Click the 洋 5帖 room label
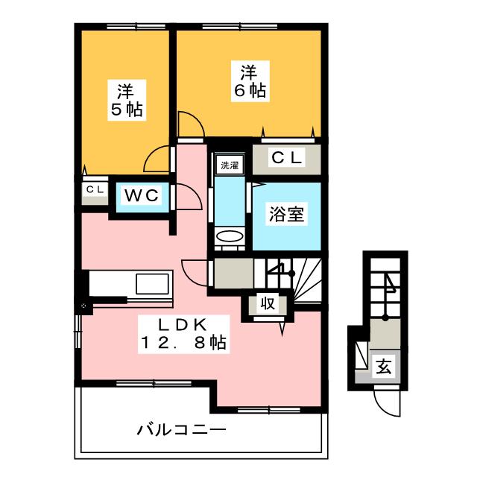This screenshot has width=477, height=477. pyautogui.click(x=127, y=101)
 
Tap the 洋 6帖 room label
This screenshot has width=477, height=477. pyautogui.click(x=250, y=81)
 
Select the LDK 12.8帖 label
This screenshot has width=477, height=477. pyautogui.click(x=183, y=334)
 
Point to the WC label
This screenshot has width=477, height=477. pyautogui.click(x=142, y=195)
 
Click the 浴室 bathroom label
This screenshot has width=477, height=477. pyautogui.click(x=286, y=214)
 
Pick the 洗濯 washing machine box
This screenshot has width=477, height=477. pyautogui.click(x=230, y=165)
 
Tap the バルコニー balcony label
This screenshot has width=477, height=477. pyautogui.click(x=182, y=430)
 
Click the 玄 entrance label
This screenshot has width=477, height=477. pyautogui.click(x=385, y=366)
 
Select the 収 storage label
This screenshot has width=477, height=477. pyautogui.click(x=268, y=303)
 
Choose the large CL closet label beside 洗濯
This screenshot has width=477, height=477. pyautogui.click(x=287, y=157)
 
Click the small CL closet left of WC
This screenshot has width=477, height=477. pyautogui.click(x=95, y=189)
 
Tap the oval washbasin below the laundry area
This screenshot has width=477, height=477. pyautogui.click(x=230, y=237)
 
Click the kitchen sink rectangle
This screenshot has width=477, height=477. pyautogui.click(x=152, y=284)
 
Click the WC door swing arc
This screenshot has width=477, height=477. pyautogui.click(x=195, y=192)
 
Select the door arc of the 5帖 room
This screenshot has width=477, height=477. pyautogui.click(x=151, y=154)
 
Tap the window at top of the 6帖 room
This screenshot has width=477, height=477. pyautogui.click(x=240, y=27)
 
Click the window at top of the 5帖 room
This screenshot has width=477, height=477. pyautogui.click(x=138, y=27)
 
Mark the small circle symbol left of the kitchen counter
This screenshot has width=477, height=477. pyautogui.click(x=83, y=305)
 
